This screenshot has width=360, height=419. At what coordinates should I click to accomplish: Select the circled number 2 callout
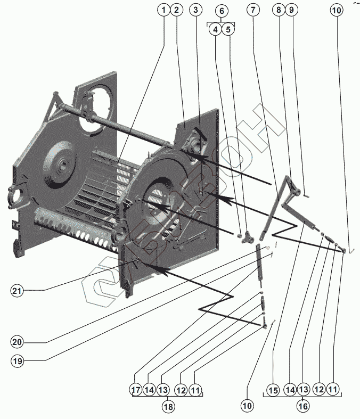[x=177, y=10]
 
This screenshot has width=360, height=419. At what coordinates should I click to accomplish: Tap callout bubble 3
[x=197, y=10]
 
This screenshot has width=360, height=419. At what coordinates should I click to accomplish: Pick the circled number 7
[x=253, y=10]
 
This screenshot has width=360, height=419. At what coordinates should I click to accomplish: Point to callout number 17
[x=136, y=390]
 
